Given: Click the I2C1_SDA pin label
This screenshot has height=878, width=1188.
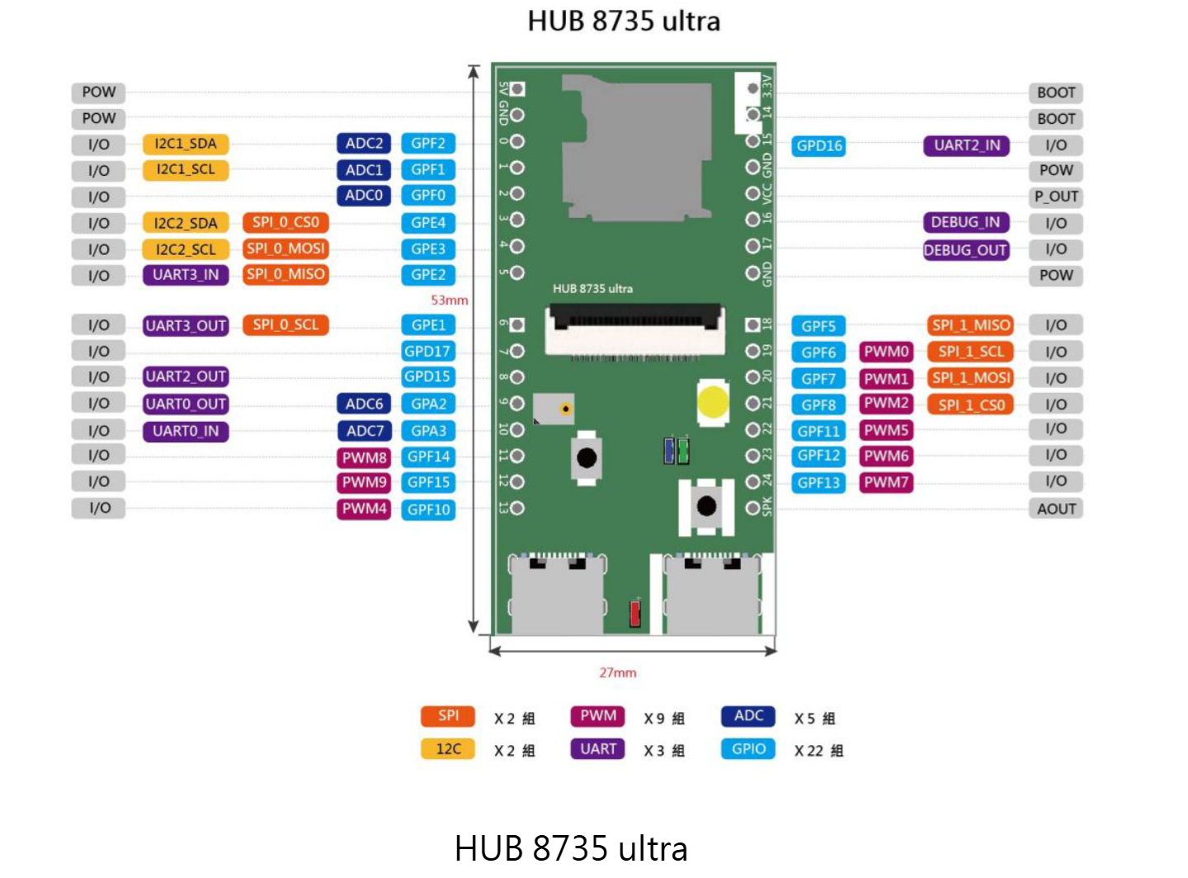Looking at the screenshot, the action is tap(186, 144).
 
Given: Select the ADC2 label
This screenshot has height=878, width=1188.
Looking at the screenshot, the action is tap(364, 144).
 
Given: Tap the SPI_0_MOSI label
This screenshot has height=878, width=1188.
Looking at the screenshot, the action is tap(285, 248).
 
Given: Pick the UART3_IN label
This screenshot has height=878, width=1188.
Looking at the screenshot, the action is tap(186, 275).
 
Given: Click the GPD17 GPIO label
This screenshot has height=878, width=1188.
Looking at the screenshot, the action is tap(428, 352).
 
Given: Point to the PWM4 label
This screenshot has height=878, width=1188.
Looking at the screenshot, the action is tap(364, 508).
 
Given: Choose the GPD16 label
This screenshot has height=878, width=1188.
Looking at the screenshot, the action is tap(818, 146).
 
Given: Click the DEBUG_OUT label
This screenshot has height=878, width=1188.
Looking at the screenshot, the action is tap(966, 250).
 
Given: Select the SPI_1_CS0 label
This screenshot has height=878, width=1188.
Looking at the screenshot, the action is tap(970, 405).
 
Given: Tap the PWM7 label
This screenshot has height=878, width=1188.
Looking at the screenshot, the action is tap(886, 482).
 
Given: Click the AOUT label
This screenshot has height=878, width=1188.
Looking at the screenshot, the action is tap(1055, 508).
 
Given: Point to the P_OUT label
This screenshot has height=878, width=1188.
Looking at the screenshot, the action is tap(1055, 196).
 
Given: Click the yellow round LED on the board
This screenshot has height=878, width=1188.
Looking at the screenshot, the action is tap(713, 402).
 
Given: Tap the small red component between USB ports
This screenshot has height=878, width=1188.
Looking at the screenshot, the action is tap(634, 613).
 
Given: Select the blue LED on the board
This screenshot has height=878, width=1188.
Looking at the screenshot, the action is tap(668, 451).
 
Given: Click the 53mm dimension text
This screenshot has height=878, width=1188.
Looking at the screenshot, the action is tap(450, 300).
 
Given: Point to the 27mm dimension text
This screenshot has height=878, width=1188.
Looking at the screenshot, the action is tap(618, 673).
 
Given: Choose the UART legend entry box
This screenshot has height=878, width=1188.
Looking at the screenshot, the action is tap(597, 749).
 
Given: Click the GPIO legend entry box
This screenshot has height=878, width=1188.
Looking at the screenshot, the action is tap(747, 749).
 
